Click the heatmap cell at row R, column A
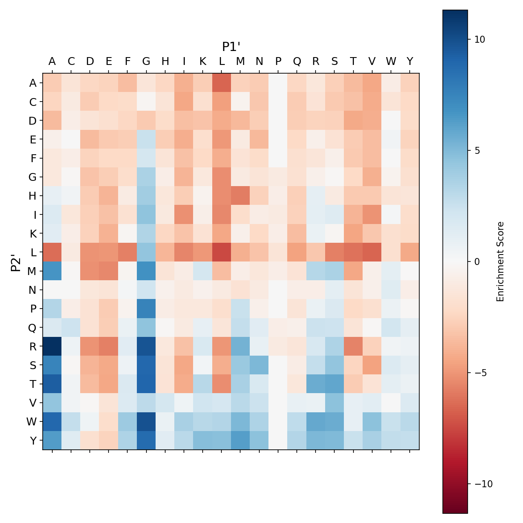(x=52, y=346)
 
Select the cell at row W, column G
(x=146, y=421)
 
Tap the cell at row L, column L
(x=222, y=252)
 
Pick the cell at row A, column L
(x=222, y=83)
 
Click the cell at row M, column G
(x=146, y=271)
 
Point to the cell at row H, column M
(x=241, y=196)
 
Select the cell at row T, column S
(x=334, y=384)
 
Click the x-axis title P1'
(x=231, y=47)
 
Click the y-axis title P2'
(x=16, y=261)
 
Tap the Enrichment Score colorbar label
(x=500, y=261)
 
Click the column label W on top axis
(x=391, y=61)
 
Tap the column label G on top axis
(x=146, y=61)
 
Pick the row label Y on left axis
(x=33, y=440)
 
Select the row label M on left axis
(x=33, y=271)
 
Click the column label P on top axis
(x=278, y=61)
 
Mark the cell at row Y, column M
(x=241, y=440)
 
